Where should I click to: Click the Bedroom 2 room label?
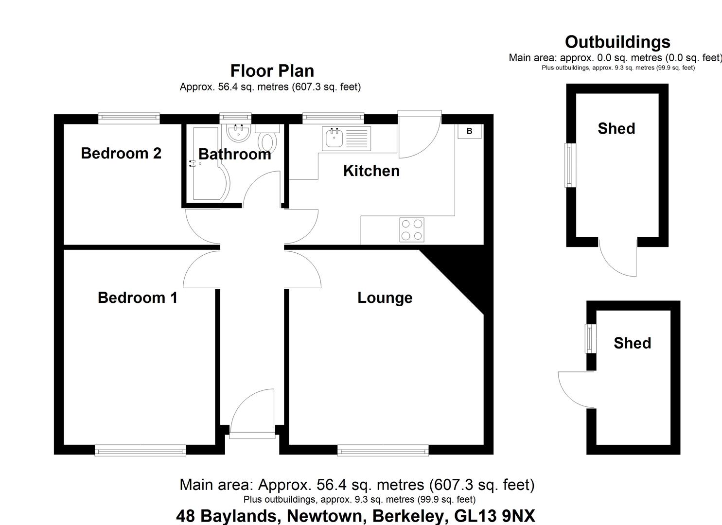tap(121, 153)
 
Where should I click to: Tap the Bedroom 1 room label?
tap(138, 297)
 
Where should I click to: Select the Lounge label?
tap(385, 297)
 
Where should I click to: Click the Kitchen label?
tap(371, 171)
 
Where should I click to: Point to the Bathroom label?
tap(234, 154)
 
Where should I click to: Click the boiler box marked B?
tap(469, 131)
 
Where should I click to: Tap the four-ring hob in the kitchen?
tap(411, 229)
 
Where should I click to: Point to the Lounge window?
tap(383, 451)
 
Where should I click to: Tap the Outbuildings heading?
tap(617, 42)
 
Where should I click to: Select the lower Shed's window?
tap(590, 339)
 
